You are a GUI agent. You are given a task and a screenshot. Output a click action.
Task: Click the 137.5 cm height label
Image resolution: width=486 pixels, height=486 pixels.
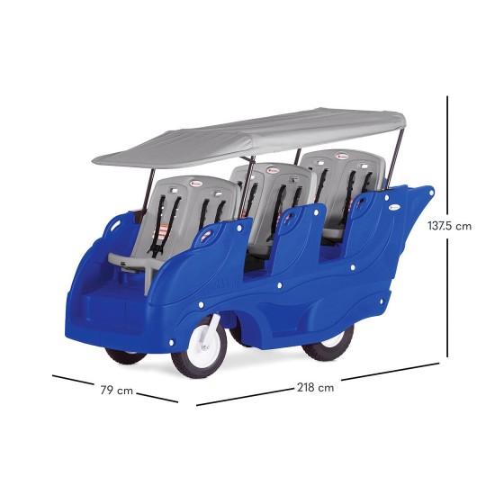tap(449, 226)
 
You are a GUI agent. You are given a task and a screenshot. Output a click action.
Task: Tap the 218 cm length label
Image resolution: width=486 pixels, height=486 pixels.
tap(316, 387)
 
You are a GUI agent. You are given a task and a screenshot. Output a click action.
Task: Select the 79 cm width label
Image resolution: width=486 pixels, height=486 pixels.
tap(116, 391)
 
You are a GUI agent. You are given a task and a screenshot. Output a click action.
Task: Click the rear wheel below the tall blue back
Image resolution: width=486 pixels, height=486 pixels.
tap(329, 343)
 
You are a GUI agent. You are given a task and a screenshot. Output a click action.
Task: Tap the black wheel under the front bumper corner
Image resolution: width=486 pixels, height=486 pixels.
tap(125, 356)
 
